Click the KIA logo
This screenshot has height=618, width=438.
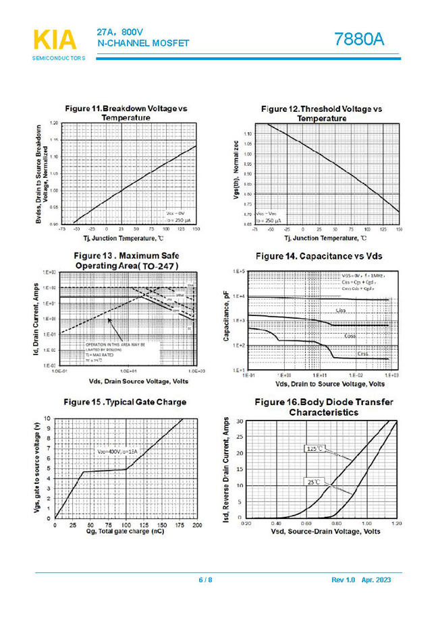coord(55,40)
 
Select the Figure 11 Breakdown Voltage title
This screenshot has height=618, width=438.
coord(126,113)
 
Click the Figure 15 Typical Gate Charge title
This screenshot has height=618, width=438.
coord(125,402)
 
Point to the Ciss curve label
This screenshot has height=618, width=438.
coord(342,311)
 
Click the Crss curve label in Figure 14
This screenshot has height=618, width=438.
coord(363,352)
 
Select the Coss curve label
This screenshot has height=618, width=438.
coord(350,335)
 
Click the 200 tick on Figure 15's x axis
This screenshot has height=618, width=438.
coord(197,524)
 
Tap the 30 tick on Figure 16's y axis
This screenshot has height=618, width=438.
coord(239,421)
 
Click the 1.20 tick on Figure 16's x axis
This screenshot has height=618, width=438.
coord(396,523)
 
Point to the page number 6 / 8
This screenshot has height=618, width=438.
coord(205,580)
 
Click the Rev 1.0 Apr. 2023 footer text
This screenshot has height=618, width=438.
coord(361,580)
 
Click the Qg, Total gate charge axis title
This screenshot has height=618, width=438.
coord(126,532)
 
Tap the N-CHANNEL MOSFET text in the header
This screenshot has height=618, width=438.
coord(143,43)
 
